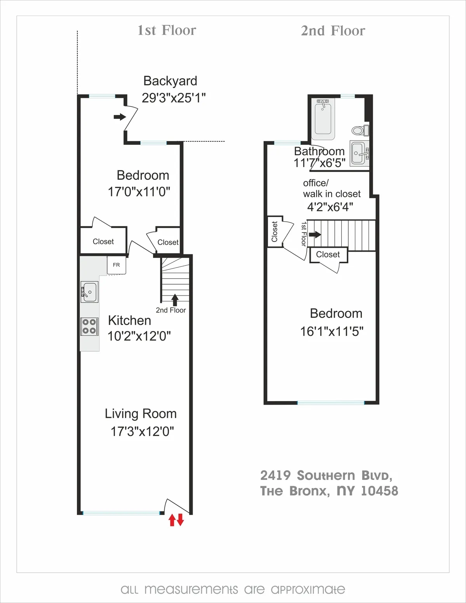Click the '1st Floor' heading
point(167,30)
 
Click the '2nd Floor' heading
point(333,31)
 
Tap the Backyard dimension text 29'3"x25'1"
point(174,98)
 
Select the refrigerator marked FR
point(116,265)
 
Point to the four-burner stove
point(89,326)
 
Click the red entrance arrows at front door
point(176,520)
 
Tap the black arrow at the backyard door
point(120,116)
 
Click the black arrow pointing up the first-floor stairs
point(175,299)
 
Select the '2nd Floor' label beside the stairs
point(171,310)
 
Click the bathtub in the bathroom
point(323,118)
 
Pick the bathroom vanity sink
point(359,153)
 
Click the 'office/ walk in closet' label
point(332,188)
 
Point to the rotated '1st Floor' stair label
point(304,234)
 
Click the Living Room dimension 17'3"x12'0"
point(142,431)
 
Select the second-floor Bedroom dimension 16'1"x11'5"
point(332,331)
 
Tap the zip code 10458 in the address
point(379,491)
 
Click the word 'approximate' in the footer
point(308,589)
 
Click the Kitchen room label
point(129,320)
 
